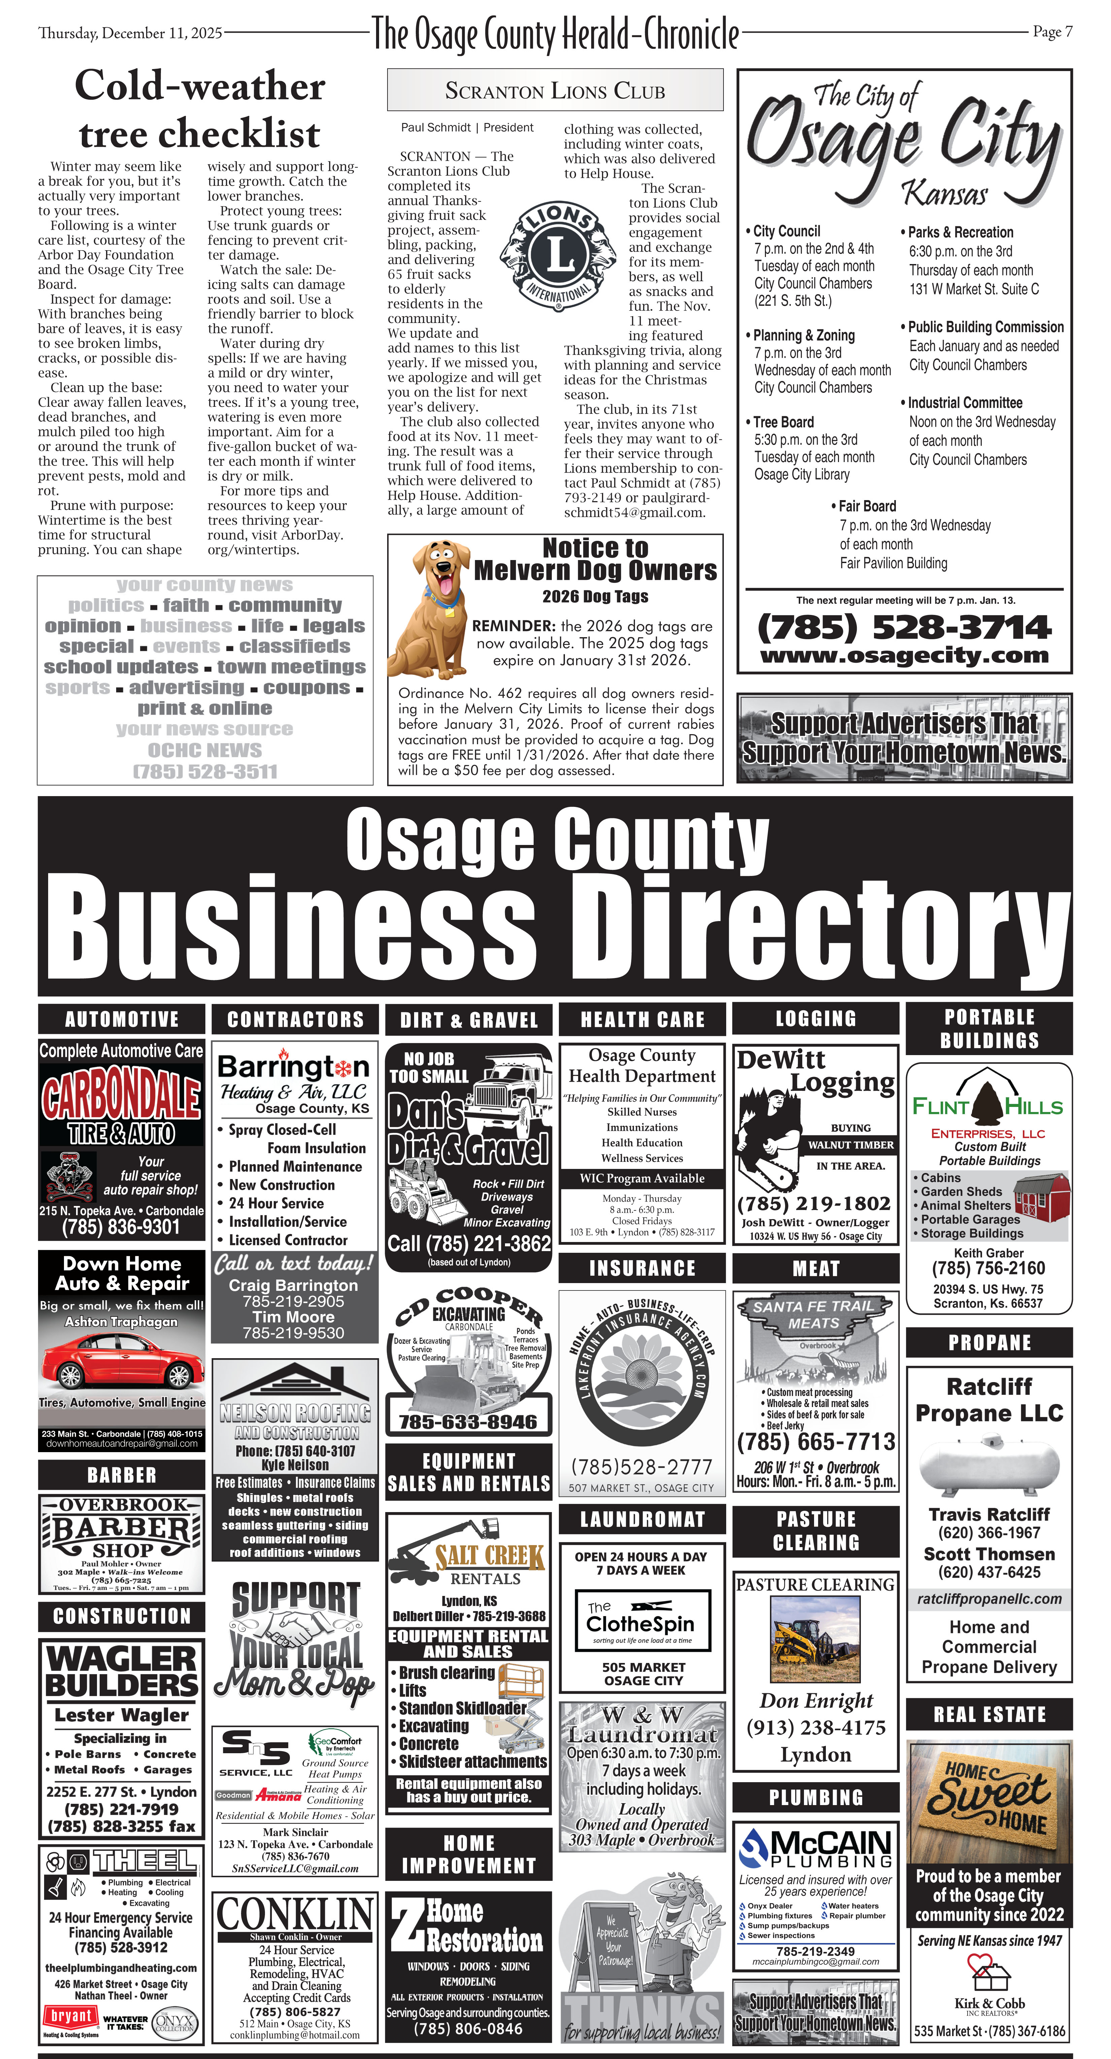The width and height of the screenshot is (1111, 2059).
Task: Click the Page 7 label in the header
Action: [1052, 32]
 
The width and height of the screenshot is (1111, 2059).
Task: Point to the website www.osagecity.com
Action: [904, 656]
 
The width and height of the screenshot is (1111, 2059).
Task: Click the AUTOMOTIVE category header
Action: [122, 1019]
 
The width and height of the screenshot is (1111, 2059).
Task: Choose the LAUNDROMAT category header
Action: [643, 1519]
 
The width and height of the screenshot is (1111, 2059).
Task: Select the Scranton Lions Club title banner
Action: [555, 90]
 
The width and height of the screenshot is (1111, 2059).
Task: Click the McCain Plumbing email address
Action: [815, 1961]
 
